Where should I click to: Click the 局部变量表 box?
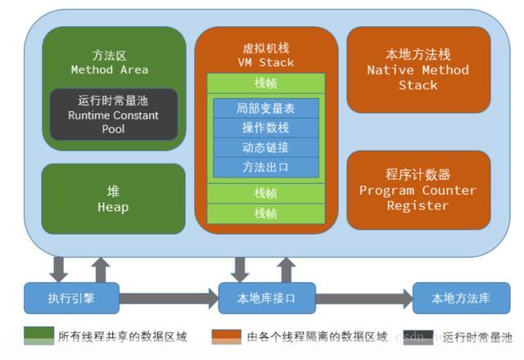click(265, 108)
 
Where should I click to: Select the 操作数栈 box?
click(265, 128)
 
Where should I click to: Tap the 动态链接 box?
click(265, 147)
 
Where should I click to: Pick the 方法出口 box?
click(265, 167)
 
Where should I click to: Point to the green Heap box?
click(113, 198)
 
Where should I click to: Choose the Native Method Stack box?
click(418, 70)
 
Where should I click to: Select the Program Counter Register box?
click(418, 190)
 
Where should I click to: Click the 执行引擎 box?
click(72, 298)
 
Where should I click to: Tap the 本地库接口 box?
click(267, 298)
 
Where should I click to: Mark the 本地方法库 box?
click(461, 298)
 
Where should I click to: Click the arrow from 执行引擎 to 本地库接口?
click(169, 298)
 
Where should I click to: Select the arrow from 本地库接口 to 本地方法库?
click(364, 298)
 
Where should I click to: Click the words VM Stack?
click(265, 62)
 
